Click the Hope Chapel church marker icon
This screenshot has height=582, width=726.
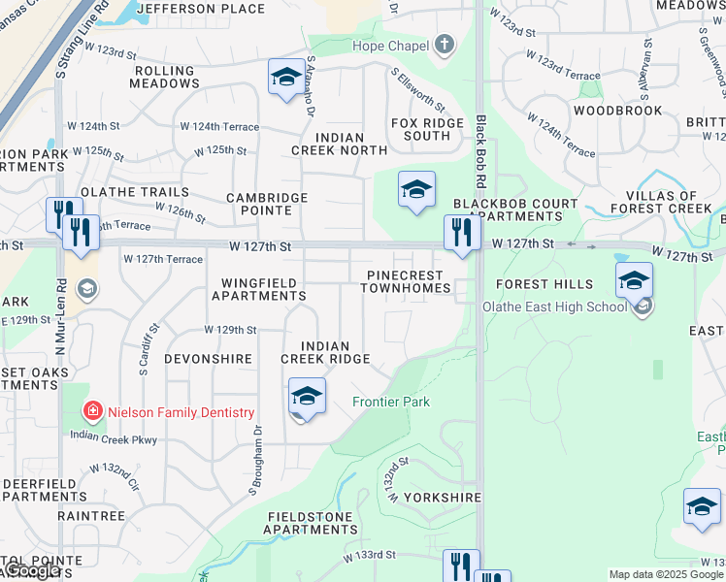[x=445, y=45]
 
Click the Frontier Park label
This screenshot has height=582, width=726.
[x=390, y=402]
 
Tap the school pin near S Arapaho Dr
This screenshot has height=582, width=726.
[x=286, y=78]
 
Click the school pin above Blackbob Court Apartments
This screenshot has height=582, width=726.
[x=416, y=190]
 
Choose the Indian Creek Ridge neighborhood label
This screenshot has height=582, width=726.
[x=325, y=352]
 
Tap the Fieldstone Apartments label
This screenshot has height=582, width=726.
[x=311, y=523]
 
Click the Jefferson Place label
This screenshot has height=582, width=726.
[x=201, y=9]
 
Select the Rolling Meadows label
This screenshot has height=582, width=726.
[x=166, y=78]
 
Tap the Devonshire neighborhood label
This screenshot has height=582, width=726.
[x=208, y=359]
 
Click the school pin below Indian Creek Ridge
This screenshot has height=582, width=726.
[x=307, y=398]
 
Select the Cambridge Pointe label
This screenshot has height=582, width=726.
[x=267, y=204]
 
